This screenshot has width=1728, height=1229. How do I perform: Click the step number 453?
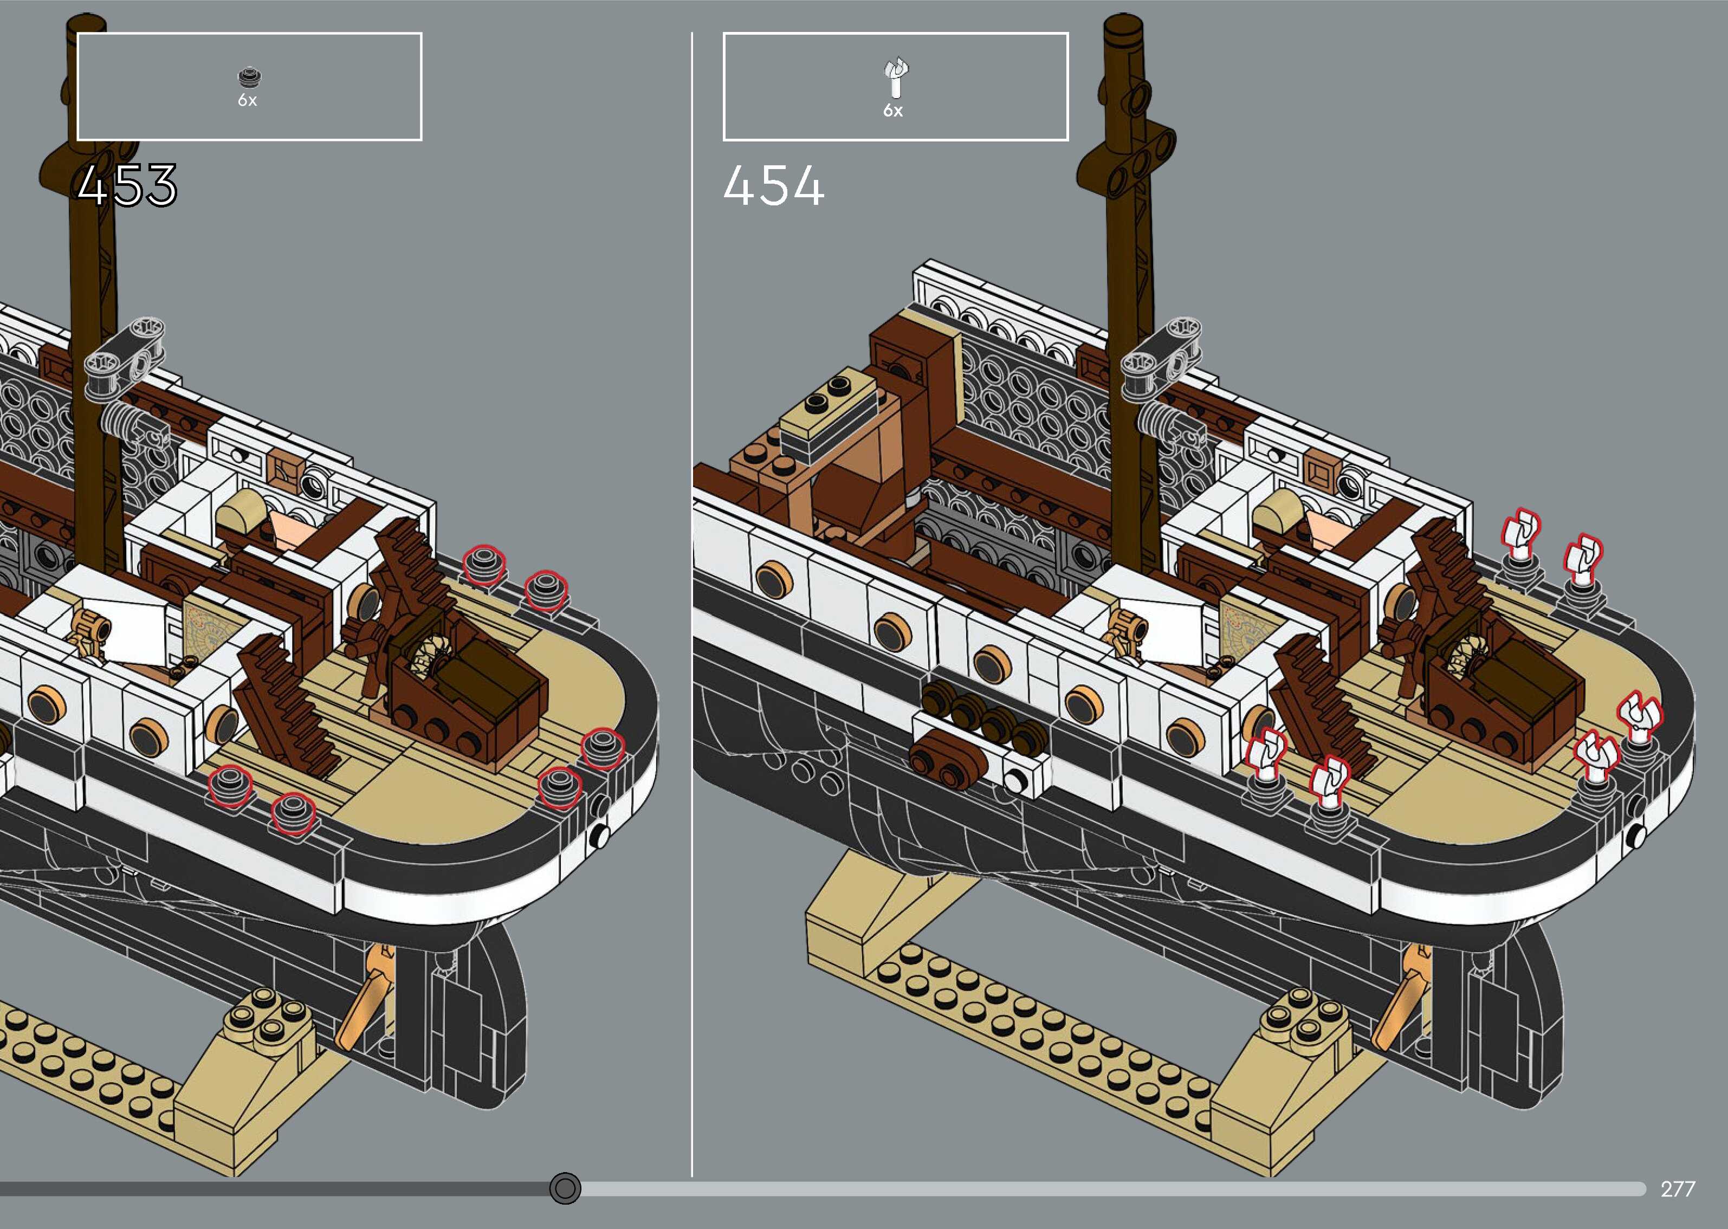127,185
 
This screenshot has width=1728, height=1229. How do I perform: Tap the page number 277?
1677,1189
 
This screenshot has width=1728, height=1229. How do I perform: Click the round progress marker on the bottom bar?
565,1188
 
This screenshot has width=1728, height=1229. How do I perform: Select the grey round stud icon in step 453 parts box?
248,77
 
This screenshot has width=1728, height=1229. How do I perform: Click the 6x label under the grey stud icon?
248,101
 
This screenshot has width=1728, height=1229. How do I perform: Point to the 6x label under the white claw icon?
893,111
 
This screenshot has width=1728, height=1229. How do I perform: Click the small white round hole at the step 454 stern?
1636,836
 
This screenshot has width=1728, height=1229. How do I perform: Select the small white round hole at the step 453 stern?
600,836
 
